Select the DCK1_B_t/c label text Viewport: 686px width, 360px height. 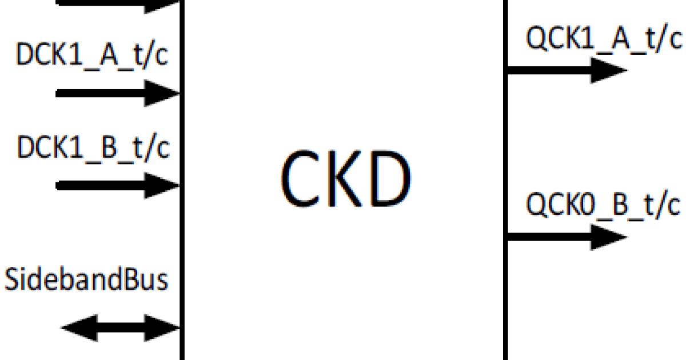pyautogui.click(x=93, y=149)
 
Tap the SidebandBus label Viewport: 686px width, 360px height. pyautogui.click(x=87, y=281)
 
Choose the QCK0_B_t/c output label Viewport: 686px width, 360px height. pyautogui.click(x=604, y=205)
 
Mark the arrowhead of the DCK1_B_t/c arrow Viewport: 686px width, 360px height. pyautogui.click(x=162, y=185)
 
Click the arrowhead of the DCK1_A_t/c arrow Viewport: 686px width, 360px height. pyautogui.click(x=162, y=93)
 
